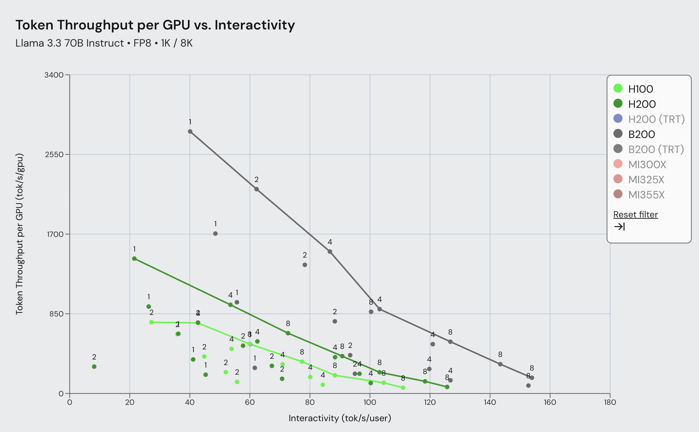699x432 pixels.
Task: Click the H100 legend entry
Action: [x=640, y=89]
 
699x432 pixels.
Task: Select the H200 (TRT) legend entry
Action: [x=656, y=119]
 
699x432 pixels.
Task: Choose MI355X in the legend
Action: [x=646, y=195]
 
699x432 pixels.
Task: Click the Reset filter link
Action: [x=635, y=214]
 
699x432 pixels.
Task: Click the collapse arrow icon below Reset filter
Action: [x=619, y=227]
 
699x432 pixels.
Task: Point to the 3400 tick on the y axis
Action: [x=54, y=75]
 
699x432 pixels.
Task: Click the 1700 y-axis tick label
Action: [x=55, y=234]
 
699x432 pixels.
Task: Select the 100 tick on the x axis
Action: [x=370, y=402]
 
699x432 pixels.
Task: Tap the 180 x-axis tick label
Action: [x=610, y=402]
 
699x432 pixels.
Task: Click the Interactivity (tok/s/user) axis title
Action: [x=339, y=418]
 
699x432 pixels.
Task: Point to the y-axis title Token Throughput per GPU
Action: [x=19, y=234]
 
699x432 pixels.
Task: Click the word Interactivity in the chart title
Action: [x=255, y=25]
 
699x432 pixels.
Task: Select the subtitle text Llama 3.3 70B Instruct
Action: [x=69, y=43]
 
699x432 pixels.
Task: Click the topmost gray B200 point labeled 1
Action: [x=190, y=131]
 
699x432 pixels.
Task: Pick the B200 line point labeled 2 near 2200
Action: [x=256, y=189]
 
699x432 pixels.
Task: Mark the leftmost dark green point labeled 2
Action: [x=94, y=367]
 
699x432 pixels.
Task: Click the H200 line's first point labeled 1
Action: [x=134, y=259]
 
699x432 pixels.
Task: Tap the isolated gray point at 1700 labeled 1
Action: [x=215, y=234]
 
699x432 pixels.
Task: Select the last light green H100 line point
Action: [x=403, y=388]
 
